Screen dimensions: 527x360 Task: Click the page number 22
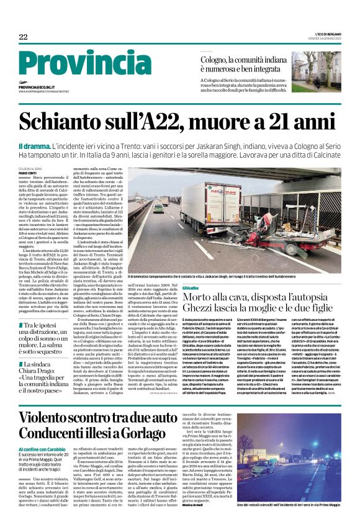(24, 37)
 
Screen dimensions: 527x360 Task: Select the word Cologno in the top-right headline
(217, 59)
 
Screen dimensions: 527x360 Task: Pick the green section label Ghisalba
(191, 271)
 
